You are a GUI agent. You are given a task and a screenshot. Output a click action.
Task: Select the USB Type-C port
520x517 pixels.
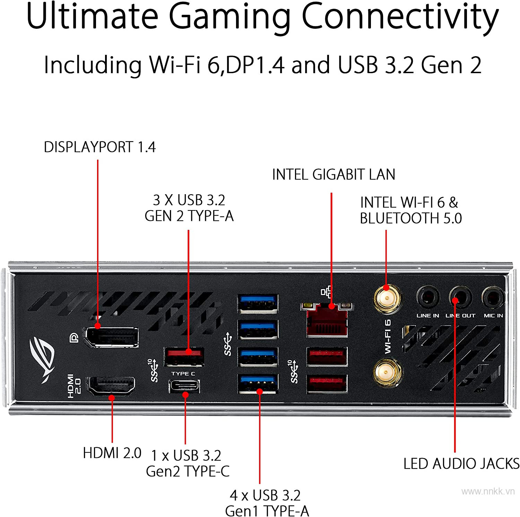pyautogui.click(x=184, y=386)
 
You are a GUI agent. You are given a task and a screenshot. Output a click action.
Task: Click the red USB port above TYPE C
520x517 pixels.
pyautogui.click(x=184, y=356)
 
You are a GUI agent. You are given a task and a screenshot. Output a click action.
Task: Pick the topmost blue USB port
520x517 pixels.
pyautogui.click(x=258, y=303)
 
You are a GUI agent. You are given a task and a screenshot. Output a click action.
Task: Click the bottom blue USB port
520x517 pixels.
pyautogui.click(x=258, y=384)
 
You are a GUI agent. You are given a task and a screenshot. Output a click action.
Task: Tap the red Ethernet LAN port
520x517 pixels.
pyautogui.click(x=327, y=320)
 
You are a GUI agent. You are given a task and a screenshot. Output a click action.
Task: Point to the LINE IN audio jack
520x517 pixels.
pyautogui.click(x=427, y=298)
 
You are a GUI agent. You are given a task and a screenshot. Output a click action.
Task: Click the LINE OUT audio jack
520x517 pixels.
pyautogui.click(x=460, y=298)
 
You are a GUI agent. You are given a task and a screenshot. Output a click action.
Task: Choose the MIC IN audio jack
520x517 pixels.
pyautogui.click(x=493, y=298)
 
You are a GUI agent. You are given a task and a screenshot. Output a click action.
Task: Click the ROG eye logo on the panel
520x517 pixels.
pyautogui.click(x=42, y=359)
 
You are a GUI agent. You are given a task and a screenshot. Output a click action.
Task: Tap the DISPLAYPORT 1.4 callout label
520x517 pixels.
pyautogui.click(x=99, y=147)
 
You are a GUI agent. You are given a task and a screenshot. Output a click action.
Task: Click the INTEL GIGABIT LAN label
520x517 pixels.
pyautogui.click(x=333, y=174)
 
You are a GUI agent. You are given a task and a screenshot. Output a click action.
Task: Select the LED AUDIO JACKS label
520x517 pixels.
pyautogui.click(x=461, y=464)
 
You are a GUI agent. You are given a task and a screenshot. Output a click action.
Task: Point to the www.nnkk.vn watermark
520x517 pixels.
pyautogui.click(x=488, y=491)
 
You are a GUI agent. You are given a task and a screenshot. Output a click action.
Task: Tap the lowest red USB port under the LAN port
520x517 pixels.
pyautogui.click(x=327, y=383)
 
